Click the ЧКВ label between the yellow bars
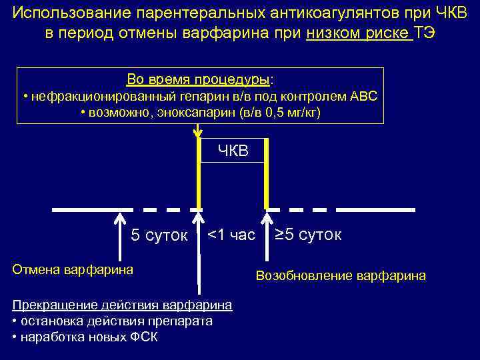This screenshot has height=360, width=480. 233,151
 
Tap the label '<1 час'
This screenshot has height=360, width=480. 231,235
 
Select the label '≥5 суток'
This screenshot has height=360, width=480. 309,235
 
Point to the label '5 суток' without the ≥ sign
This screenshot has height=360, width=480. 159,235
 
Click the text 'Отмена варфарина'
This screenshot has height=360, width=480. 73,269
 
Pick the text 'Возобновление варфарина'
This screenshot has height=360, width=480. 341,275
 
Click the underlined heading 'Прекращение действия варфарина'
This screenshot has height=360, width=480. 122,305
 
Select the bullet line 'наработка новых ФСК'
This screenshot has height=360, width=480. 85,337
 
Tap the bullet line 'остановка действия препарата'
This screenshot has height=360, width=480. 112,321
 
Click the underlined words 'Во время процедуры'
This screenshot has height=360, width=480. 197,80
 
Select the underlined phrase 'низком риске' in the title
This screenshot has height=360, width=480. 359,33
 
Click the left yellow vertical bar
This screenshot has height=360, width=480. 198,173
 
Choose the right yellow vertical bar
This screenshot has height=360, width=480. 267,173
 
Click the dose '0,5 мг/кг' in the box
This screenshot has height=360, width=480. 291,113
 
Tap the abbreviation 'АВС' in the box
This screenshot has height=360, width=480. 363,97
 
